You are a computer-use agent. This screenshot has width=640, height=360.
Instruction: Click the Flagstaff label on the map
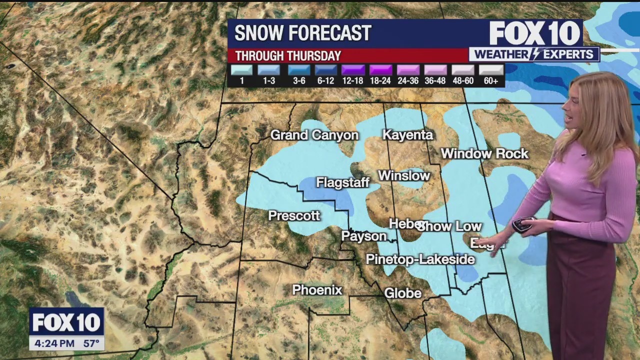[x=342, y=183]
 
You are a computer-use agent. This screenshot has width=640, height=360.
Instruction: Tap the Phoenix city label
[x=317, y=290]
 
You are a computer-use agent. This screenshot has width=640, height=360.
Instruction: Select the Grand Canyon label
[x=314, y=135]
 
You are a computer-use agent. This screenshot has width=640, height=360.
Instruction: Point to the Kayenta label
[x=407, y=135]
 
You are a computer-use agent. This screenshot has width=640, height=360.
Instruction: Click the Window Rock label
[x=484, y=153]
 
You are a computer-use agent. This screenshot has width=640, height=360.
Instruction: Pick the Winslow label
[x=404, y=175]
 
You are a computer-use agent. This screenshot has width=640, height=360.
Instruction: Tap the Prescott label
[x=294, y=215]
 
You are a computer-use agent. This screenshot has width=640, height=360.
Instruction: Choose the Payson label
[x=363, y=236]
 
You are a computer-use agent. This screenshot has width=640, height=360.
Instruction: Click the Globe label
[x=402, y=293]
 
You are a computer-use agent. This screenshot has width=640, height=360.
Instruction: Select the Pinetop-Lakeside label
[x=420, y=259]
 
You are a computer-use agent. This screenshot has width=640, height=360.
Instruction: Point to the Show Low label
[x=450, y=226]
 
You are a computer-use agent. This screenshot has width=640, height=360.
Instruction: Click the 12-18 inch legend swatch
[x=353, y=70]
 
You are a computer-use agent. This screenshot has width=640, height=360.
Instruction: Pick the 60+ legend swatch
[x=491, y=70]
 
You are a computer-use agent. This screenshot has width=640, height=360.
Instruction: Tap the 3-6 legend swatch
[x=298, y=70]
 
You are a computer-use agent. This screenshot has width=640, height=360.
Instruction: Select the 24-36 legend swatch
[x=408, y=70]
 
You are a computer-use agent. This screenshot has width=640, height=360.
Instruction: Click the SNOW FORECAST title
[x=302, y=33]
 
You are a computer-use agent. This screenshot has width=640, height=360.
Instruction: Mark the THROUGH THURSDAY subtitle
[x=288, y=56]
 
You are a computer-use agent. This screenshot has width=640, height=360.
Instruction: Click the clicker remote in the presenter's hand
[x=522, y=224]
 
